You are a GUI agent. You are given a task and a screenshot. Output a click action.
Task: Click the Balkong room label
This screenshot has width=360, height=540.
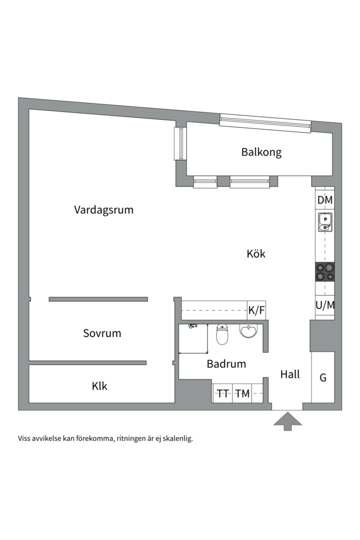(x=261, y=152)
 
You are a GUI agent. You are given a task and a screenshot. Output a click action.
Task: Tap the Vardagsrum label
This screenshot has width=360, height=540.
(x=103, y=209)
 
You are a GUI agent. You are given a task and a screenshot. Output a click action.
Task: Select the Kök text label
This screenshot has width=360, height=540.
(x=256, y=253)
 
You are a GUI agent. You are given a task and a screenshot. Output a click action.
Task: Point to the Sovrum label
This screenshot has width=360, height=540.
(x=102, y=333)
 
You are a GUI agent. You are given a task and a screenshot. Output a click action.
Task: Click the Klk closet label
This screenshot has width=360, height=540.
(x=99, y=386)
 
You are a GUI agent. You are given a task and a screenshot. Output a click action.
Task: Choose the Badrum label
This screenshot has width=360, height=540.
(x=226, y=364)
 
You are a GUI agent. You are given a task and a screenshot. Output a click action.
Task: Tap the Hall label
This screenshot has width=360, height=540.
(x=290, y=374)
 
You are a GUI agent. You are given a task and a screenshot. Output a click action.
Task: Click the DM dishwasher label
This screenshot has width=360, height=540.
(x=325, y=200)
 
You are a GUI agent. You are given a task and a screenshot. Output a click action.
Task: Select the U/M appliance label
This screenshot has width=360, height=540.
(x=325, y=305)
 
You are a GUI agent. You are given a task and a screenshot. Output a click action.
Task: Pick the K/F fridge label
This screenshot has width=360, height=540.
(x=256, y=310)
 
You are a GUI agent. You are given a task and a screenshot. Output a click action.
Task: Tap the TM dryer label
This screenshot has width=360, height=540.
(x=242, y=394)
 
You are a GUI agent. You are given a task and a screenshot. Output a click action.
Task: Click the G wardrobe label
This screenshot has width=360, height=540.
(x=323, y=377)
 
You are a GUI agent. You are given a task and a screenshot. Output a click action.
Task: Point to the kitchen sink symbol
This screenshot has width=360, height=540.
(x=324, y=222)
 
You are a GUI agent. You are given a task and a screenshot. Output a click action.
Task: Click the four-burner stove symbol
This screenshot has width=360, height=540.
(x=325, y=272)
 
